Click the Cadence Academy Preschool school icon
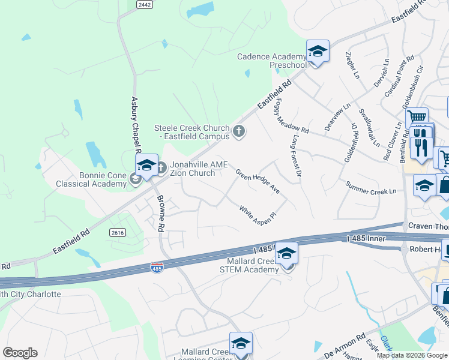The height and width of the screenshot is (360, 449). pos(318,51)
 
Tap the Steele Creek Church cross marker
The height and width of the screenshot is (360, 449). pos(239,131)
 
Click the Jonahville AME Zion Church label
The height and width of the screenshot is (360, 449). pos(193,169)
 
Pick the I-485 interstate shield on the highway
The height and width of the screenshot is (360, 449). pos(157,267)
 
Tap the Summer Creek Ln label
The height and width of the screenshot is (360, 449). pos(370,187)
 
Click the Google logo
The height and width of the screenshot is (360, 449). pos(20,353)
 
